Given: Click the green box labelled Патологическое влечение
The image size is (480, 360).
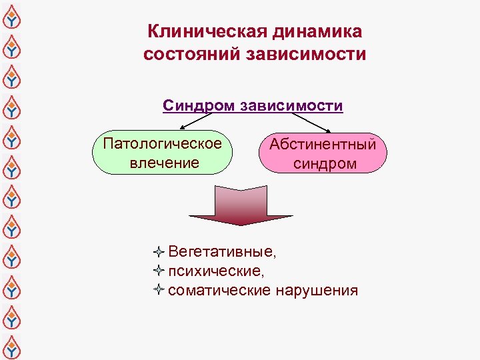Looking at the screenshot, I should click(163, 153).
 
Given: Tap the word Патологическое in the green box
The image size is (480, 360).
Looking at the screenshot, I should click(163, 143).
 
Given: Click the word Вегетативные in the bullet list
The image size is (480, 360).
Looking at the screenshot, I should click(221, 252).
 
